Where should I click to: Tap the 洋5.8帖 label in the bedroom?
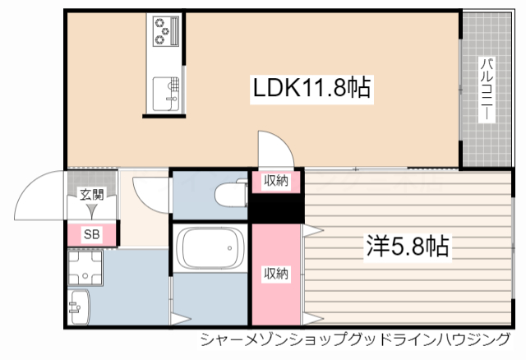pos(408,245)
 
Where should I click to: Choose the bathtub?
pos(210,249)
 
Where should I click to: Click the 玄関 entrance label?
pos(91,195)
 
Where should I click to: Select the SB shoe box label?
pos(91,234)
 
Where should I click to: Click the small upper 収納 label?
pos(275,181)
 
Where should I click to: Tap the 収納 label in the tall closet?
pos(275,274)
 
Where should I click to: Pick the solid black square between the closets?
pos(276,208)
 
